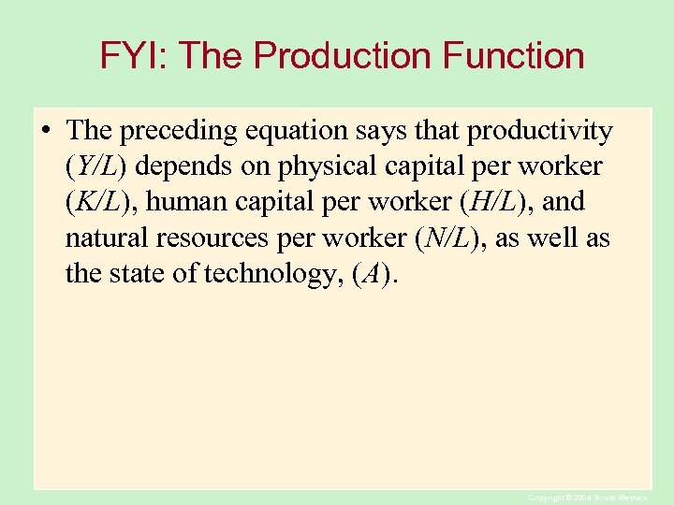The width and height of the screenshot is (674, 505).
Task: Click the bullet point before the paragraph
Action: [x=46, y=131]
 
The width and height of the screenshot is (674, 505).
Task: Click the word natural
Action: [x=109, y=238]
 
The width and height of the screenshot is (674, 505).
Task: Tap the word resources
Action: [x=215, y=238]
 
